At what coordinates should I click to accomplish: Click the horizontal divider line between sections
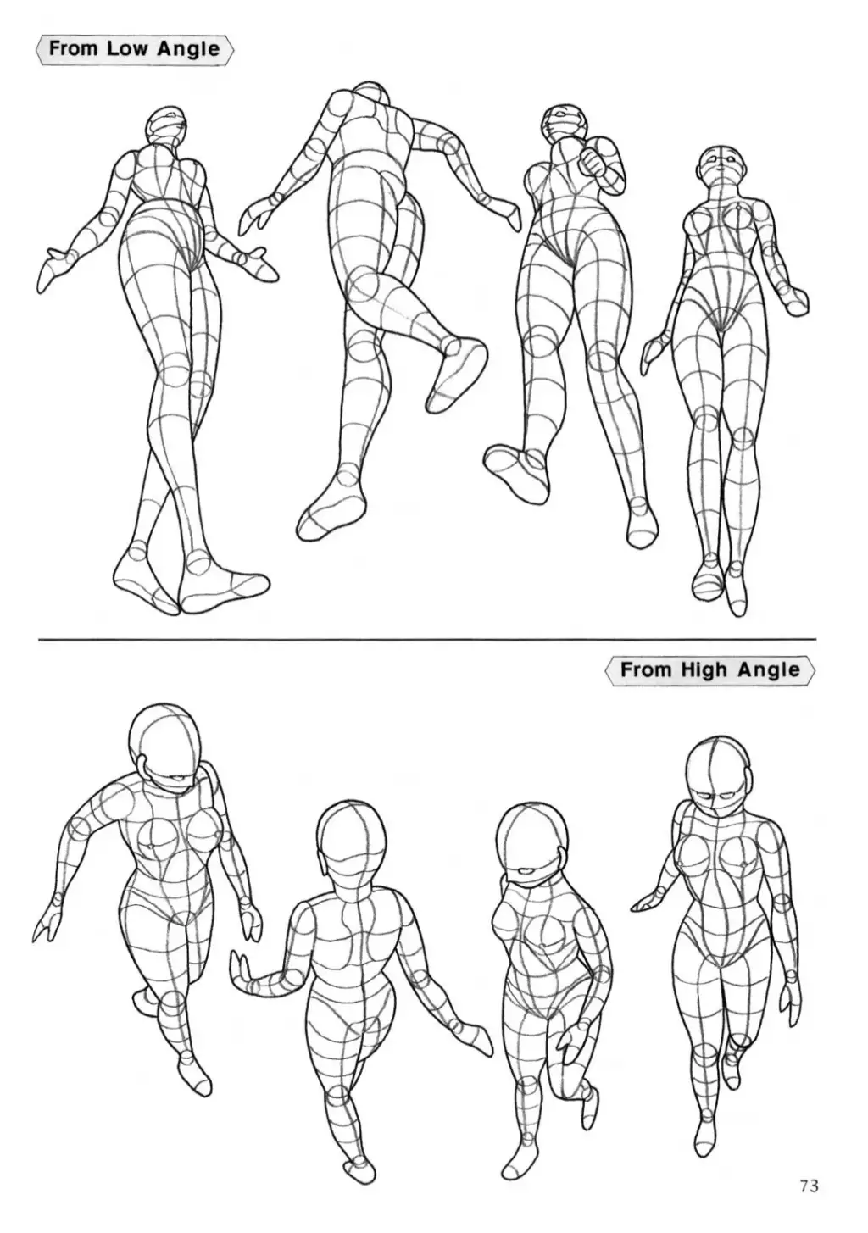pos(427,640)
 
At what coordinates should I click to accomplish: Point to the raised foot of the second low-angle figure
pos(457,375)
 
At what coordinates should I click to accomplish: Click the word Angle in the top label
pos(188,49)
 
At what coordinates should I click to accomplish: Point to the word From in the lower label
pos(645,670)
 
